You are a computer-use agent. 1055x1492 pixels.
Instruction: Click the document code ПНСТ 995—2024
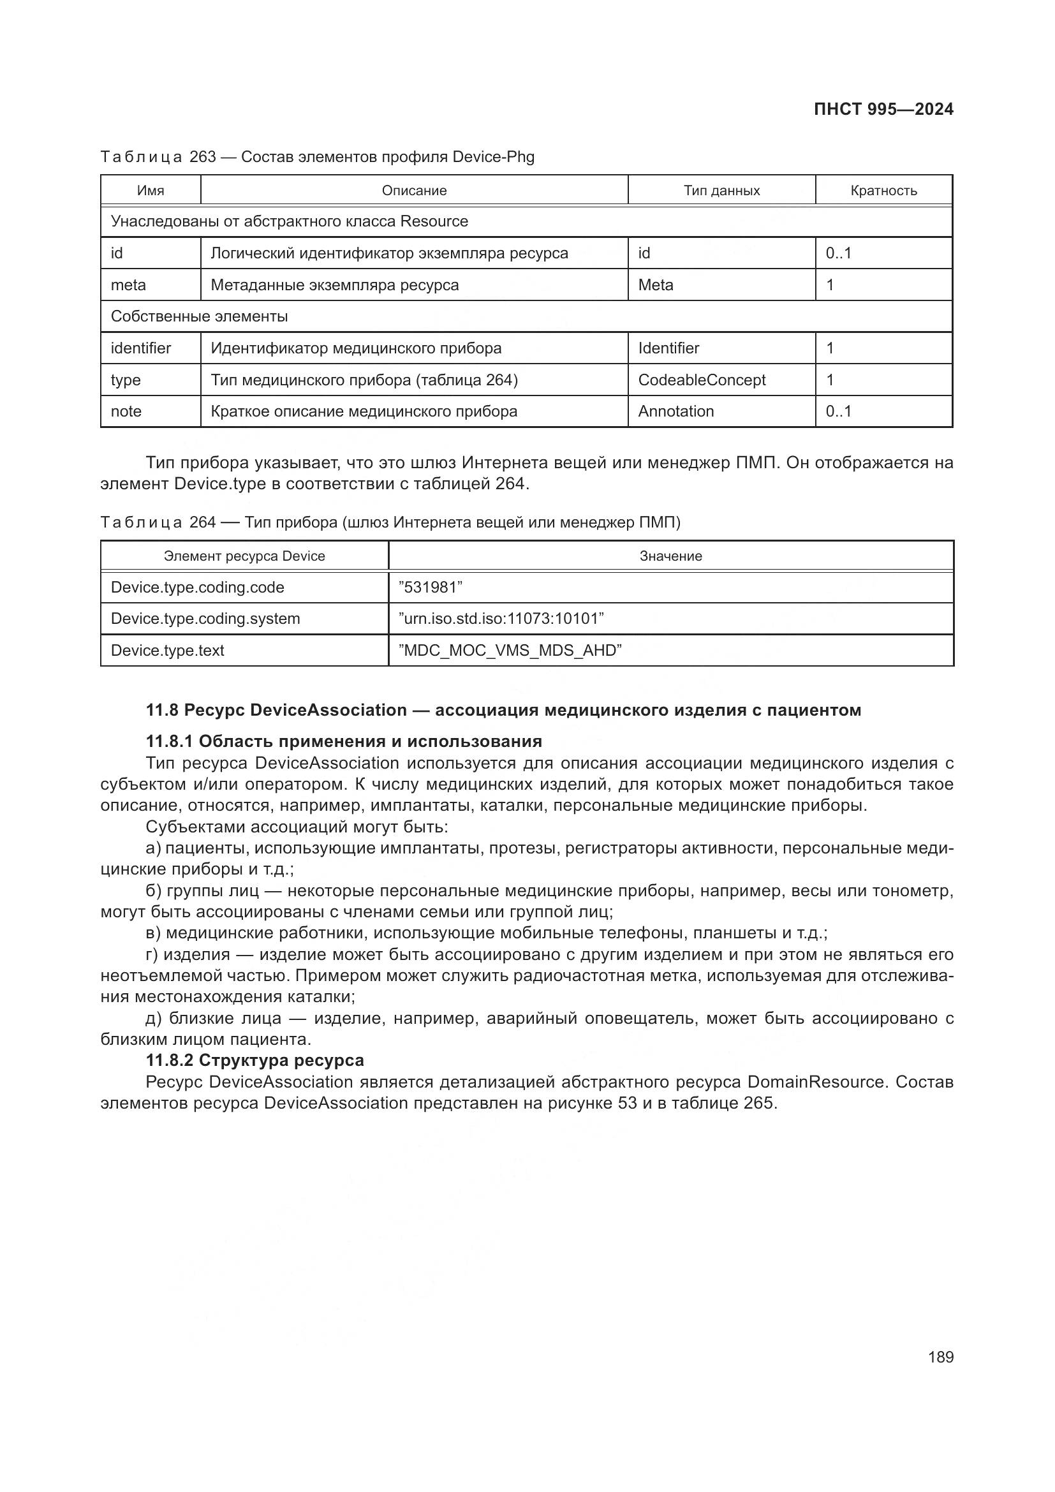pos(883,109)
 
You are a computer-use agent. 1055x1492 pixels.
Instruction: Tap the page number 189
pos(940,1357)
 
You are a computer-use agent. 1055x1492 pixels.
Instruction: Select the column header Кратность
pos(883,190)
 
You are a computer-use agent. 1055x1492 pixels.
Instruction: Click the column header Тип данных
pos(721,190)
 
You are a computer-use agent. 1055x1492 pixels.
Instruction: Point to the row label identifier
pos(141,348)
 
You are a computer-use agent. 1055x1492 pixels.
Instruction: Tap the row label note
pos(126,411)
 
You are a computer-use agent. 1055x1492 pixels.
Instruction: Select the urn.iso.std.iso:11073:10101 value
pos(501,618)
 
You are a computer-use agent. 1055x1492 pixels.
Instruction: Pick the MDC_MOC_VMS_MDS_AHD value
pos(510,650)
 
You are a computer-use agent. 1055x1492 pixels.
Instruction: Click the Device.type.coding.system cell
pos(205,618)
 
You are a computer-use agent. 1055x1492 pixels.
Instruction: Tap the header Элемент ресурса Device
pos(244,556)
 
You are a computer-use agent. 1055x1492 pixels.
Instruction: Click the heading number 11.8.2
pos(170,1060)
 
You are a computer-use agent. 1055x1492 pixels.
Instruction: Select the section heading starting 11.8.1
pos(344,741)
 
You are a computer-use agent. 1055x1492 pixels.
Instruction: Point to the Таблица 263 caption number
pos(203,157)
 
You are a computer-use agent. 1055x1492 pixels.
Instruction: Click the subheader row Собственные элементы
pos(199,316)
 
